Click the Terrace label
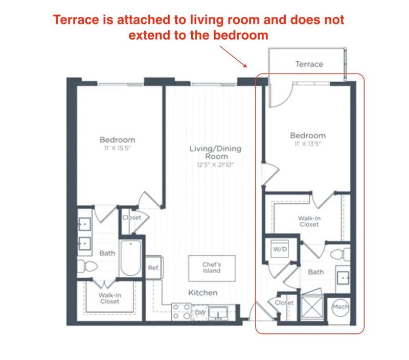click(x=309, y=64)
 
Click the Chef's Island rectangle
click(x=211, y=267)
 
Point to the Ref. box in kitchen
click(x=153, y=268)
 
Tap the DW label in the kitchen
click(x=200, y=312)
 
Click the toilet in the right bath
click(x=339, y=254)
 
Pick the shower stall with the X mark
click(x=311, y=308)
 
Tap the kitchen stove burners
click(x=180, y=311)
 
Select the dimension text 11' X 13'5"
click(x=308, y=143)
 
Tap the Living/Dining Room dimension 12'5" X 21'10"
click(x=215, y=165)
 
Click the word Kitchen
click(x=203, y=293)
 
